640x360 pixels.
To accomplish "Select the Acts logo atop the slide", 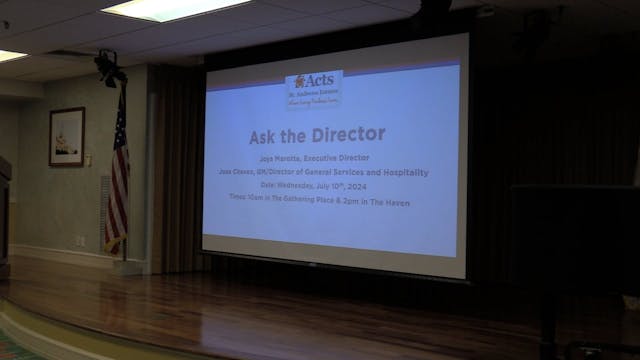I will click(313, 89).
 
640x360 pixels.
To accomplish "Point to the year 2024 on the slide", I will click(374, 184).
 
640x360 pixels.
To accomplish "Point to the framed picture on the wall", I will click(67, 136).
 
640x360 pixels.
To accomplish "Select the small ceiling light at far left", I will click(11, 55).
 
